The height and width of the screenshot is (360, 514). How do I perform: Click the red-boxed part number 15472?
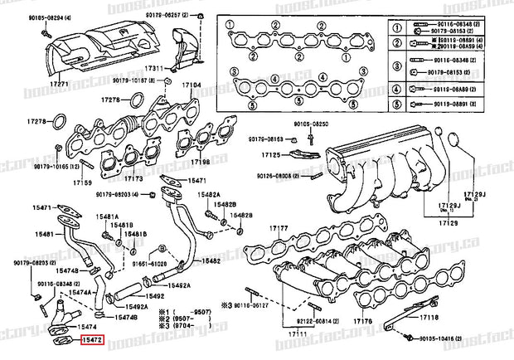[x=91, y=340]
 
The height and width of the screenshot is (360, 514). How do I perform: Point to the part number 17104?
[x=192, y=85]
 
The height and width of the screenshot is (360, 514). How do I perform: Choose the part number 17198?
[x=201, y=163]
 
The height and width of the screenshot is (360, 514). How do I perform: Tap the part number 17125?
[x=271, y=155]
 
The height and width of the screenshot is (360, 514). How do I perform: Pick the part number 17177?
[x=278, y=227]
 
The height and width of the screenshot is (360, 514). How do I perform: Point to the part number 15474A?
[x=80, y=293]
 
